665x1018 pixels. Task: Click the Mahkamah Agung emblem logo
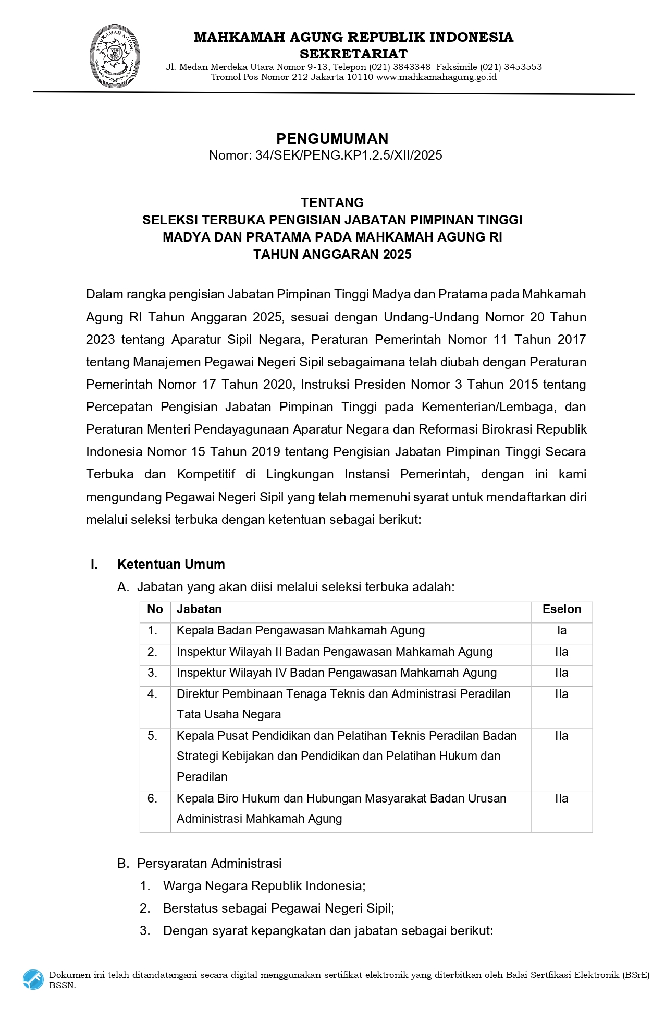pyautogui.click(x=115, y=56)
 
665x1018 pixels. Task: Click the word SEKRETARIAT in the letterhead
pyautogui.click(x=353, y=53)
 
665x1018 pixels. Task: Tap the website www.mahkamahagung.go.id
pyautogui.click(x=436, y=77)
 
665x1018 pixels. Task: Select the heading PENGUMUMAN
pyautogui.click(x=332, y=138)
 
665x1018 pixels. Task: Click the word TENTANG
pyautogui.click(x=332, y=202)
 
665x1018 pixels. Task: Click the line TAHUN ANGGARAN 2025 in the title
pyautogui.click(x=332, y=254)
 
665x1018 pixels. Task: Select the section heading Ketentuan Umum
pyautogui.click(x=171, y=564)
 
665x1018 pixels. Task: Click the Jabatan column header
pyautogui.click(x=199, y=609)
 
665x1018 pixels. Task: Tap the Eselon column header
pyautogui.click(x=561, y=609)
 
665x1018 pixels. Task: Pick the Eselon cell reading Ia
pyautogui.click(x=561, y=630)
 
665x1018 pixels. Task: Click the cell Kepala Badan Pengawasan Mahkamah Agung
pyautogui.click(x=301, y=630)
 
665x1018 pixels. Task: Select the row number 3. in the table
pyautogui.click(x=152, y=673)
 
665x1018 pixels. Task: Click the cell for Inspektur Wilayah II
pyautogui.click(x=334, y=652)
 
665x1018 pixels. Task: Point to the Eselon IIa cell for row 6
pyautogui.click(x=561, y=798)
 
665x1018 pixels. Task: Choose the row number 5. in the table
pyautogui.click(x=152, y=736)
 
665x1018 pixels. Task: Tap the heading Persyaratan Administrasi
pyautogui.click(x=209, y=863)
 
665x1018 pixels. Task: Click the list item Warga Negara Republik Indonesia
pyautogui.click(x=264, y=885)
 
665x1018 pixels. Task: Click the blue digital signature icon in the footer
pyautogui.click(x=33, y=979)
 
